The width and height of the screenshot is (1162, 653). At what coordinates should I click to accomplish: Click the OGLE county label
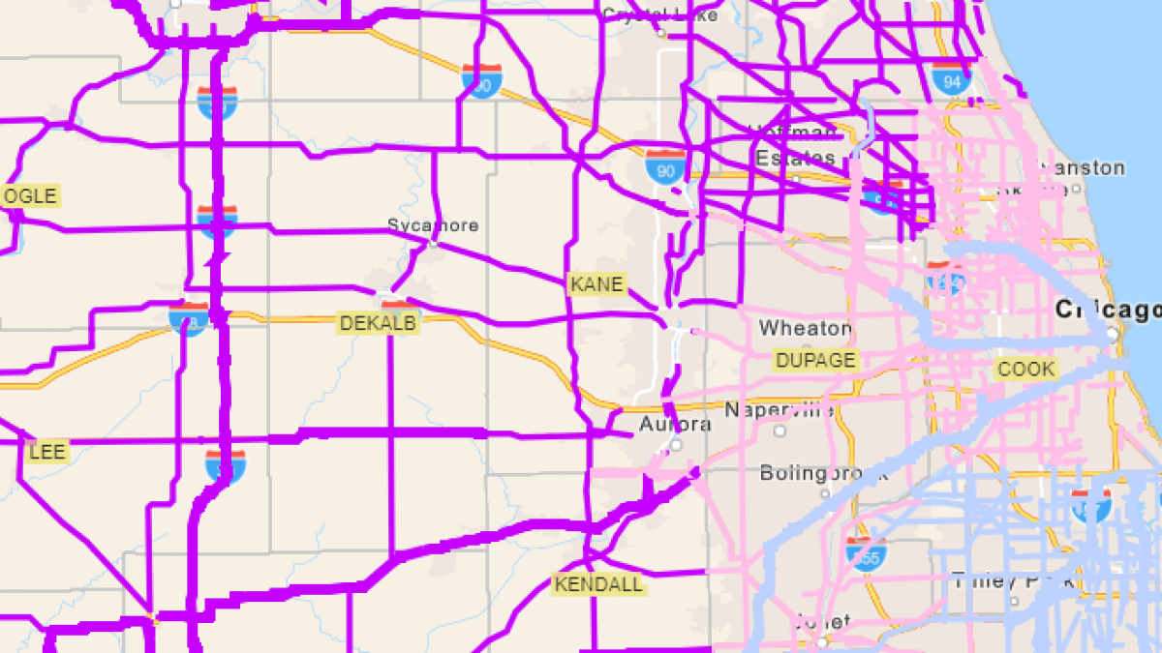tap(30, 196)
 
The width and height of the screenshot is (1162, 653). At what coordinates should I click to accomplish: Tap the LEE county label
tap(46, 452)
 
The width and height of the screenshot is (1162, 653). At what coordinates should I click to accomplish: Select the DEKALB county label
tap(378, 323)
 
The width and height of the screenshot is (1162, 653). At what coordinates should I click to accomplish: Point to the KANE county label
tap(596, 284)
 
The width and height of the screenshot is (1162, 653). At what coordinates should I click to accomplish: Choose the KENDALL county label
tap(597, 584)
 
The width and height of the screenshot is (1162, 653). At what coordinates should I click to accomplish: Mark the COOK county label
tap(1026, 369)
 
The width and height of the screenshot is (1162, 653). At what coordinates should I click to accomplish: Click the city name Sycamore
tap(433, 225)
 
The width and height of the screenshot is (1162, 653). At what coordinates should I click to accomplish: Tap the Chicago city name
tap(1108, 310)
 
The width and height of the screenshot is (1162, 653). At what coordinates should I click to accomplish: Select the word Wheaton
tap(806, 329)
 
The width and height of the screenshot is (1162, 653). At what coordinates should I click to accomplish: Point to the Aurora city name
tap(675, 425)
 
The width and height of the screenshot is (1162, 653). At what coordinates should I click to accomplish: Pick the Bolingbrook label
tap(810, 473)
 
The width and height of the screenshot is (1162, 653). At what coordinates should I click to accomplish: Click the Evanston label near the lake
tap(1082, 167)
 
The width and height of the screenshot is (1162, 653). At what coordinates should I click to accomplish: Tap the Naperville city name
tap(779, 409)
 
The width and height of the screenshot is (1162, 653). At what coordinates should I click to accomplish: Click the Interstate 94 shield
tap(952, 79)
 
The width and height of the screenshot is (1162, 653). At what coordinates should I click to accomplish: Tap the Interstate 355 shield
tap(864, 554)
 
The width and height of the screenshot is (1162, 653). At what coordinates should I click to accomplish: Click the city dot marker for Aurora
tap(677, 445)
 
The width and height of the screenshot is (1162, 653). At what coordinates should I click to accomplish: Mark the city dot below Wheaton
tap(807, 343)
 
